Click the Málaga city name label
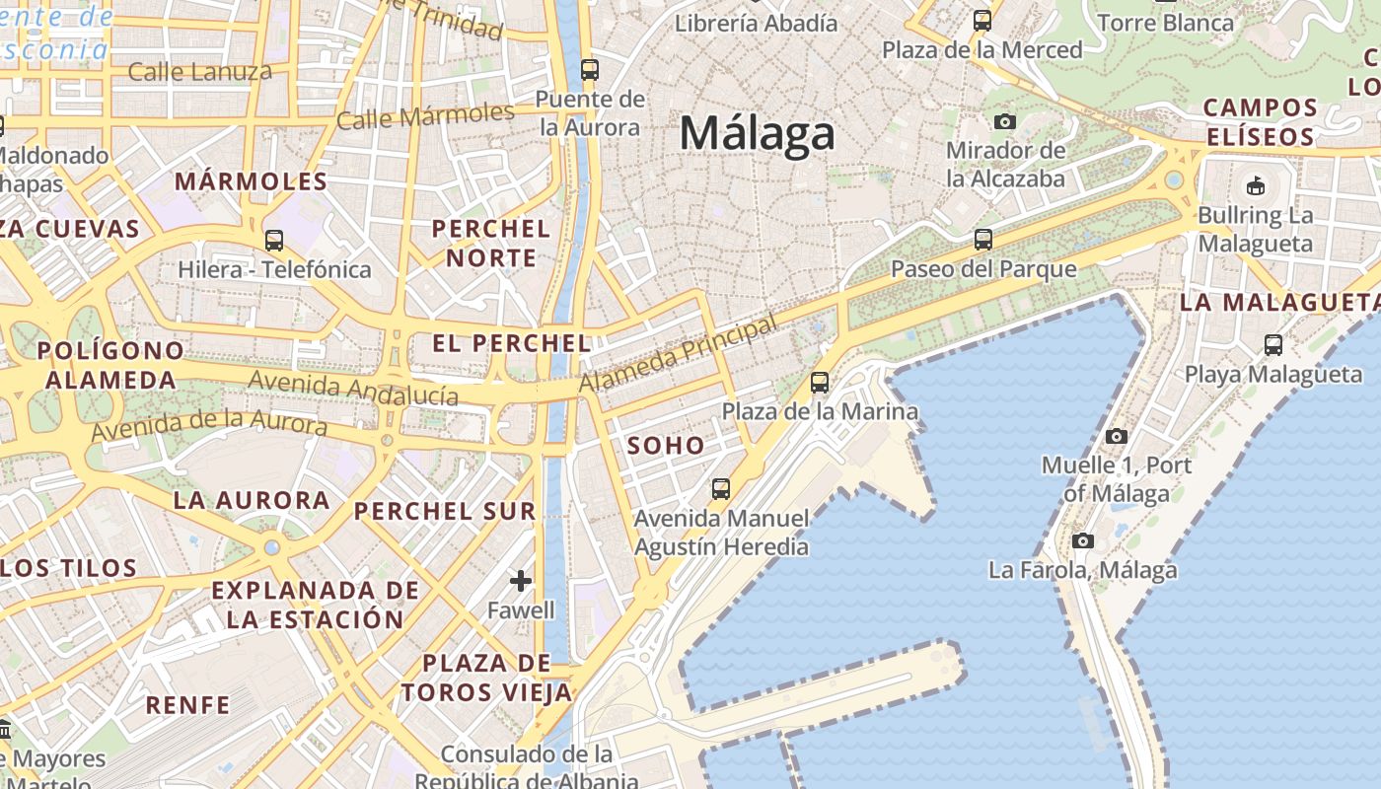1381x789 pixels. point(758,133)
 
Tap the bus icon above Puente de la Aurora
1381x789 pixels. point(590,69)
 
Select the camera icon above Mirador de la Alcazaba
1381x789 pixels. point(1005,121)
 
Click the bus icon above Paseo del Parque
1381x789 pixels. point(982,239)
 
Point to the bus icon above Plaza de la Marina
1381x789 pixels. point(820,383)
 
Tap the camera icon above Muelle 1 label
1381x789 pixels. point(1117,436)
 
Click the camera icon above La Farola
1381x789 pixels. point(1083,540)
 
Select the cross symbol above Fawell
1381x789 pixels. point(521,581)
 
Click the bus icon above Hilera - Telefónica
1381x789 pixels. point(274,240)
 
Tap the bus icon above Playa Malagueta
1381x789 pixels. point(1273,345)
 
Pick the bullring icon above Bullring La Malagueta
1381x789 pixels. point(1256,185)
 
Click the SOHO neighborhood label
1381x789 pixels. point(667,446)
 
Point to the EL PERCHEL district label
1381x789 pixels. point(512,343)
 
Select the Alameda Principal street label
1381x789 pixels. point(678,354)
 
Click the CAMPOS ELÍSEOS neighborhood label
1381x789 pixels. point(1260,121)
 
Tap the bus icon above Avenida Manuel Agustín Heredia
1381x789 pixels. point(721,488)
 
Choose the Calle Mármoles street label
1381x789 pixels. point(425,116)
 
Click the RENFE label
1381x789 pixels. point(187,705)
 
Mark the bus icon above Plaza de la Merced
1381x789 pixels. point(981,20)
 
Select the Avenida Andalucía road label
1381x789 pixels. point(353,389)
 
